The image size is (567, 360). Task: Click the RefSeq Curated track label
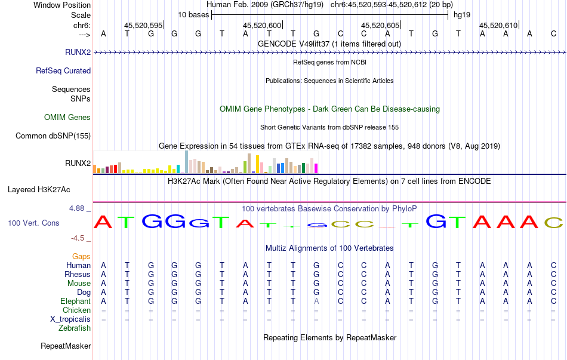(63, 71)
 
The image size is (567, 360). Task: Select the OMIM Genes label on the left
(67, 118)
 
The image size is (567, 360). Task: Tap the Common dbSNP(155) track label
(53, 136)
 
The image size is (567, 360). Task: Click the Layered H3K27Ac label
(39, 190)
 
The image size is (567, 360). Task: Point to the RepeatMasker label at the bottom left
(66, 346)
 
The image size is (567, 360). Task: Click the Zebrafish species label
(75, 328)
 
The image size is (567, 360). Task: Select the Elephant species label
(75, 301)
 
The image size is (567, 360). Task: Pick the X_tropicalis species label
(70, 319)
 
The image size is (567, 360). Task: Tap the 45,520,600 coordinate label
(262, 25)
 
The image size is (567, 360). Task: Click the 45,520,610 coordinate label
(498, 25)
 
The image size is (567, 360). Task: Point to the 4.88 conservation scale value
(78, 208)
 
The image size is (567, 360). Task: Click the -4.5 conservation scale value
(79, 238)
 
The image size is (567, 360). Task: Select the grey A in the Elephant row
(316, 301)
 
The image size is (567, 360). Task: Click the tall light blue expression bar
(187, 162)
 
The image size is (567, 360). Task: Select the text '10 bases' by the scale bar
(193, 14)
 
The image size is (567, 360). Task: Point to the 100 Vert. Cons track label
(33, 223)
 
